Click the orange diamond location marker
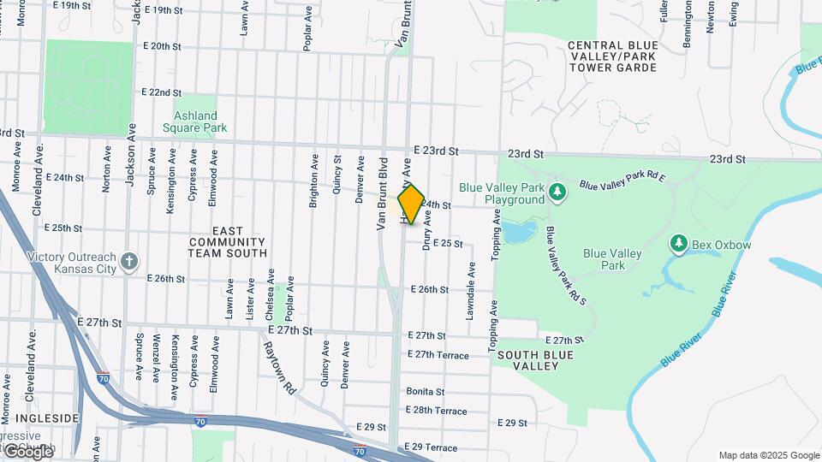point(411,204)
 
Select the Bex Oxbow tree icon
point(679,245)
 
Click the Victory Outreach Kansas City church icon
point(128,261)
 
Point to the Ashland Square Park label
point(195,121)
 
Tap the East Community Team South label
point(228,242)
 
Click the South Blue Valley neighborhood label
point(528,360)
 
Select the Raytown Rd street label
point(280,363)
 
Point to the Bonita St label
point(426,391)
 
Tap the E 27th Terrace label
point(438,354)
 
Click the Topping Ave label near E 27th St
point(493,316)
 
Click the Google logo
point(27,451)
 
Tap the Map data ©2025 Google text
point(768,455)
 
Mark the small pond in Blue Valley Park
point(520,230)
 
